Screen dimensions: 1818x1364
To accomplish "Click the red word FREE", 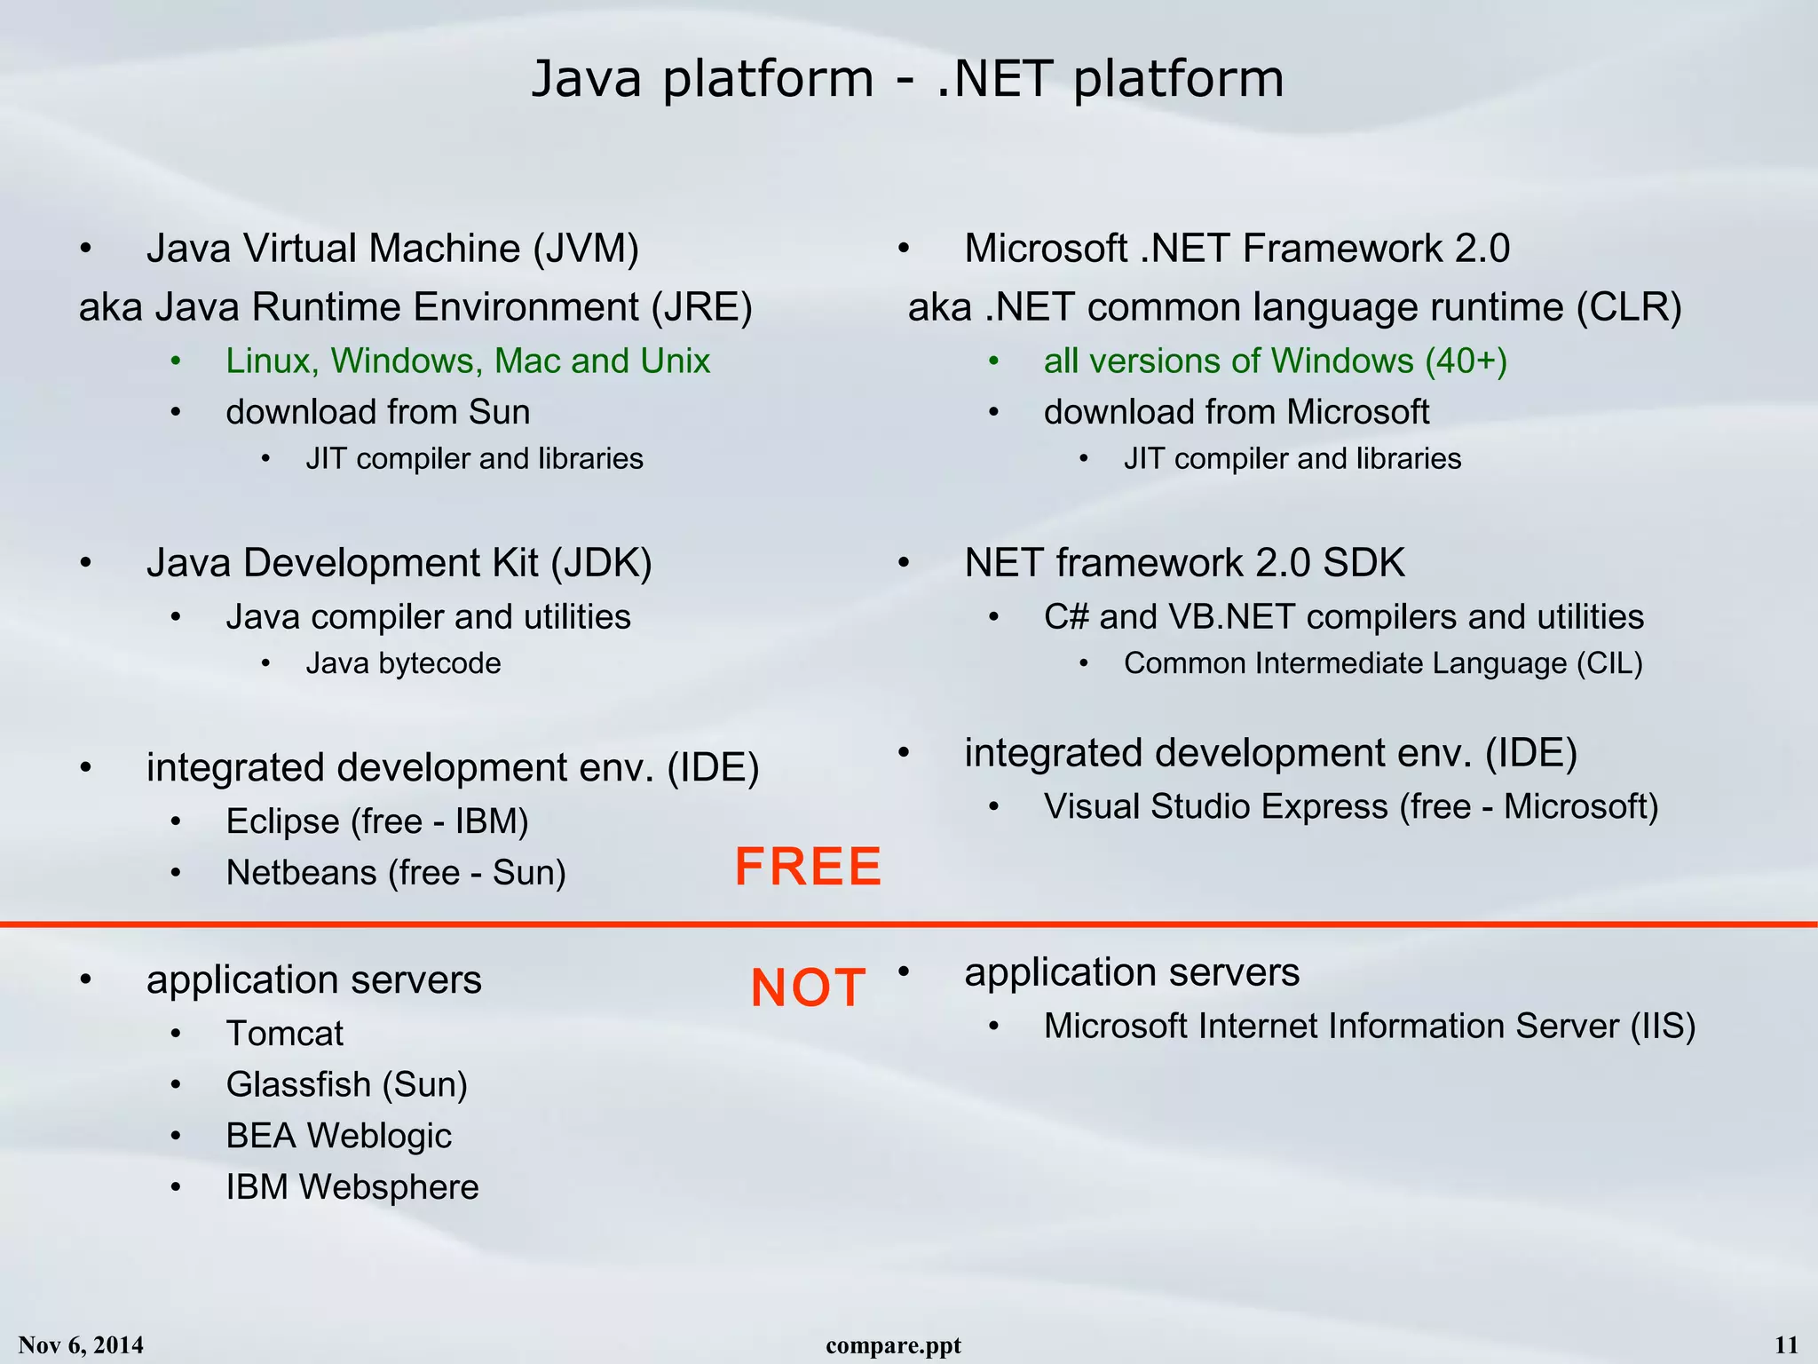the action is (x=808, y=867).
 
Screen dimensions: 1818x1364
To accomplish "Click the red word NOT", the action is (x=808, y=987).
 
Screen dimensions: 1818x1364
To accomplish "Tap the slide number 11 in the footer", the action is (x=1786, y=1345).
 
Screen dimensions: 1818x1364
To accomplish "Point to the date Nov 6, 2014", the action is (x=81, y=1345).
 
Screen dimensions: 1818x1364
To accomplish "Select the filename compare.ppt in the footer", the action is (x=893, y=1345).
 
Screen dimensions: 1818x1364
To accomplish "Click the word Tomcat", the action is (x=284, y=1034).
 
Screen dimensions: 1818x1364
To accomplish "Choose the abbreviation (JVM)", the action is (x=586, y=249).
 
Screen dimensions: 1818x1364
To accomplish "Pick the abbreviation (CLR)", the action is (x=1629, y=307).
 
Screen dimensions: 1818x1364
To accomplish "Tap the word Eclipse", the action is (x=282, y=821).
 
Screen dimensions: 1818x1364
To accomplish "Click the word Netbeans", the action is (x=301, y=873).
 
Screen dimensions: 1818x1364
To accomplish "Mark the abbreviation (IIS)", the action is (x=1662, y=1027).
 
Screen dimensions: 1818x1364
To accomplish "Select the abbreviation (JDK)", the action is (x=601, y=563).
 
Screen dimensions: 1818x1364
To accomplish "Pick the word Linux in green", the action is (x=272, y=361).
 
